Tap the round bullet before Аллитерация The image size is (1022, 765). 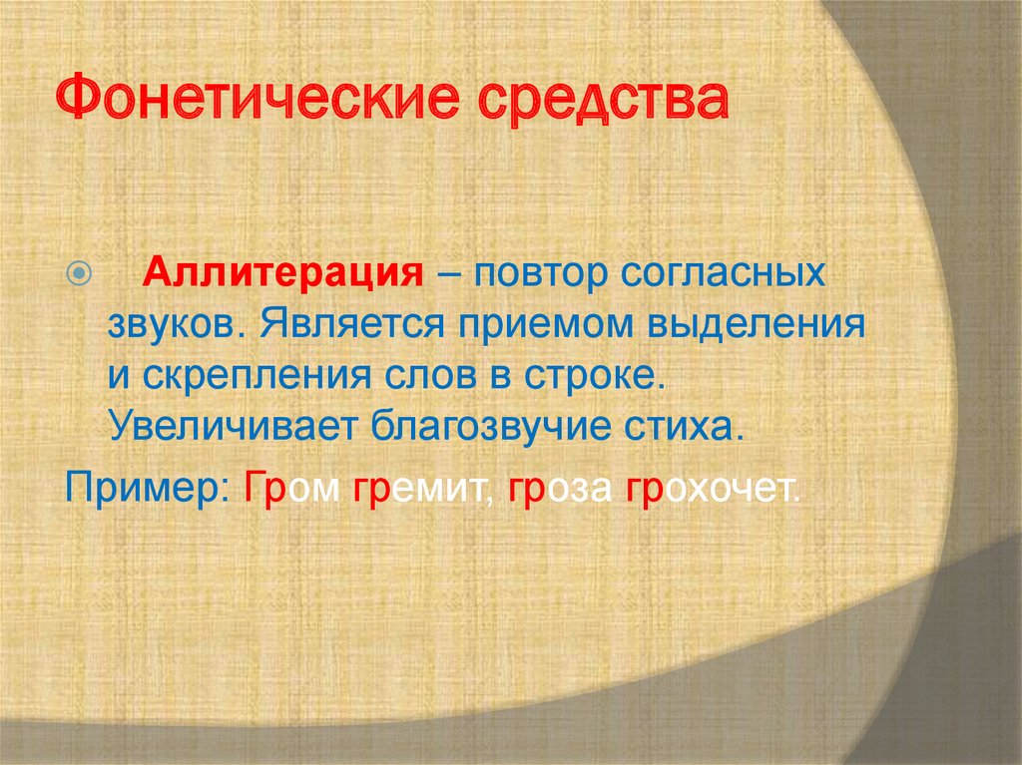(80, 272)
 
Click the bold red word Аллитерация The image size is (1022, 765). (282, 271)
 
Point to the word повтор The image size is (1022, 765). (540, 273)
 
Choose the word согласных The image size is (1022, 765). (723, 273)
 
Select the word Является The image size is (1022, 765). (352, 323)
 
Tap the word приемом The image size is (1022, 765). (545, 324)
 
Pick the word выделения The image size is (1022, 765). (756, 324)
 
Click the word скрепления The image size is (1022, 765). (256, 377)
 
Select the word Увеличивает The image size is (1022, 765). (233, 427)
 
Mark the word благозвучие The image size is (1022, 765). (491, 428)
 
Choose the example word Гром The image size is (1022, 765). (291, 487)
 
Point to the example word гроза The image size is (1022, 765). (560, 489)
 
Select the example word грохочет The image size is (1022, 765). (713, 489)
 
